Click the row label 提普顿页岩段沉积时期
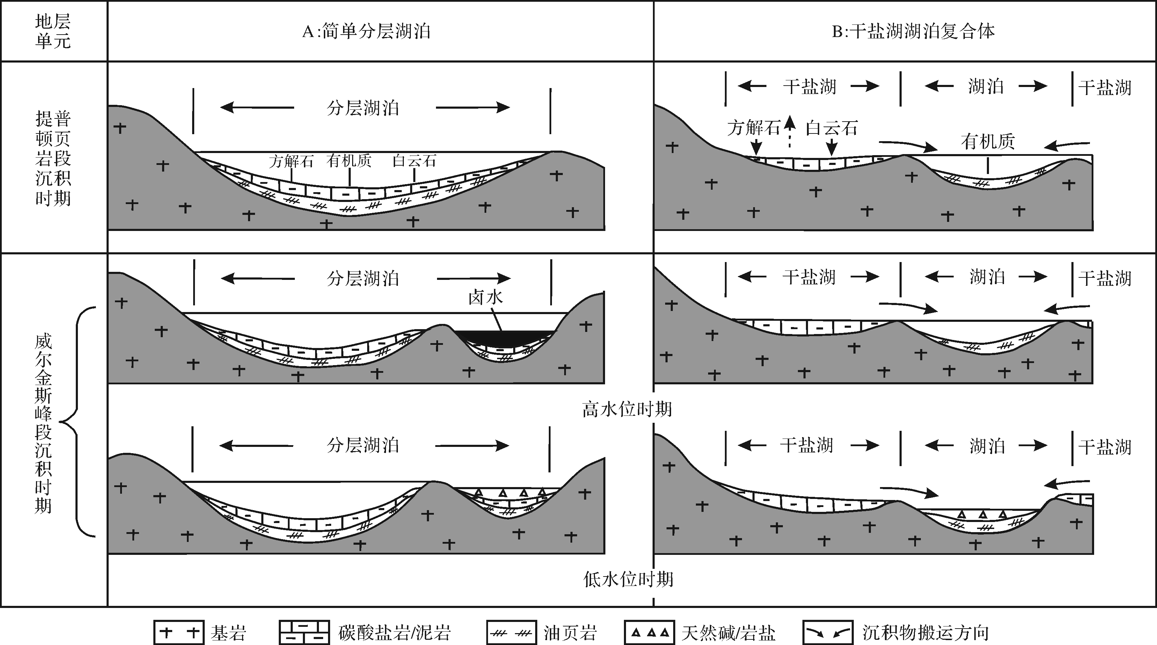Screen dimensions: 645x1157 pos(53,158)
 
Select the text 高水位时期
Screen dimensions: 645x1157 pos(627,409)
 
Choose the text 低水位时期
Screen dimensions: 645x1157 pos(628,579)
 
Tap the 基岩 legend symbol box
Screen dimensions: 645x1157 pos(179,632)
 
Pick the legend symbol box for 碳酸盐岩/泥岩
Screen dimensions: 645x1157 pos(304,632)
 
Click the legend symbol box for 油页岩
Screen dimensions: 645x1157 pos(511,632)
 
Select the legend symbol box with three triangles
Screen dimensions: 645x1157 pos(649,632)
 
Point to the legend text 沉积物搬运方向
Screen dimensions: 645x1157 pos(926,632)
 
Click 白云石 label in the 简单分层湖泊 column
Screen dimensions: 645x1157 pos(414,161)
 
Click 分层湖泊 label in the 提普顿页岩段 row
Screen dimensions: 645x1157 pos(363,108)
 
